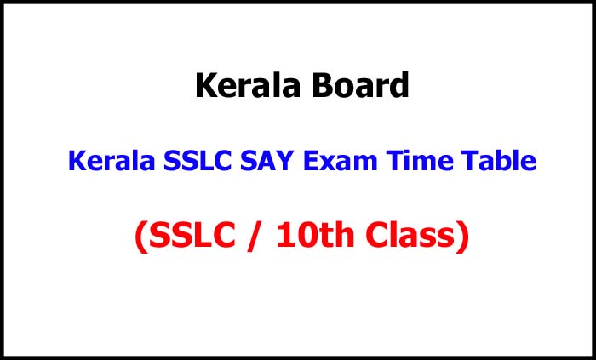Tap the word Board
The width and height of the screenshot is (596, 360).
[x=361, y=86]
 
